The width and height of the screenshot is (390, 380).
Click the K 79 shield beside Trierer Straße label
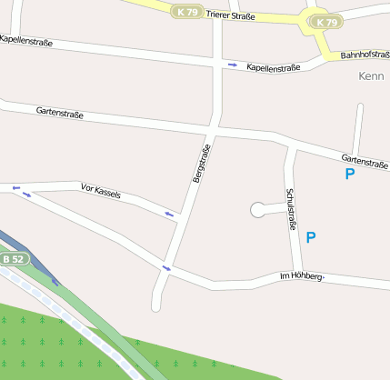(187, 12)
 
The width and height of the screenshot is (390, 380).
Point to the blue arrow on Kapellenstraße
(233, 65)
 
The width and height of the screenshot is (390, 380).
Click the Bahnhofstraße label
(365, 55)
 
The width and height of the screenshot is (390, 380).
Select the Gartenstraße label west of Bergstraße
(60, 114)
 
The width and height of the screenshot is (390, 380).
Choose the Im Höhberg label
(302, 275)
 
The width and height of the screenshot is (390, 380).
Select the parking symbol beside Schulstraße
(311, 237)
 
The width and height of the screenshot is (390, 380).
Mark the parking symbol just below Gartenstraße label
(350, 174)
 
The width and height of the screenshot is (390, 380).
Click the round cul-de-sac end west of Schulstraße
(258, 210)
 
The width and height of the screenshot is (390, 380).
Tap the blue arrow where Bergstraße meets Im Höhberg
(165, 268)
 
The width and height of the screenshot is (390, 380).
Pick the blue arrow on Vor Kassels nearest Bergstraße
(170, 214)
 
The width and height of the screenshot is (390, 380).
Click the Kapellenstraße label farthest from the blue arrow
(26, 41)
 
